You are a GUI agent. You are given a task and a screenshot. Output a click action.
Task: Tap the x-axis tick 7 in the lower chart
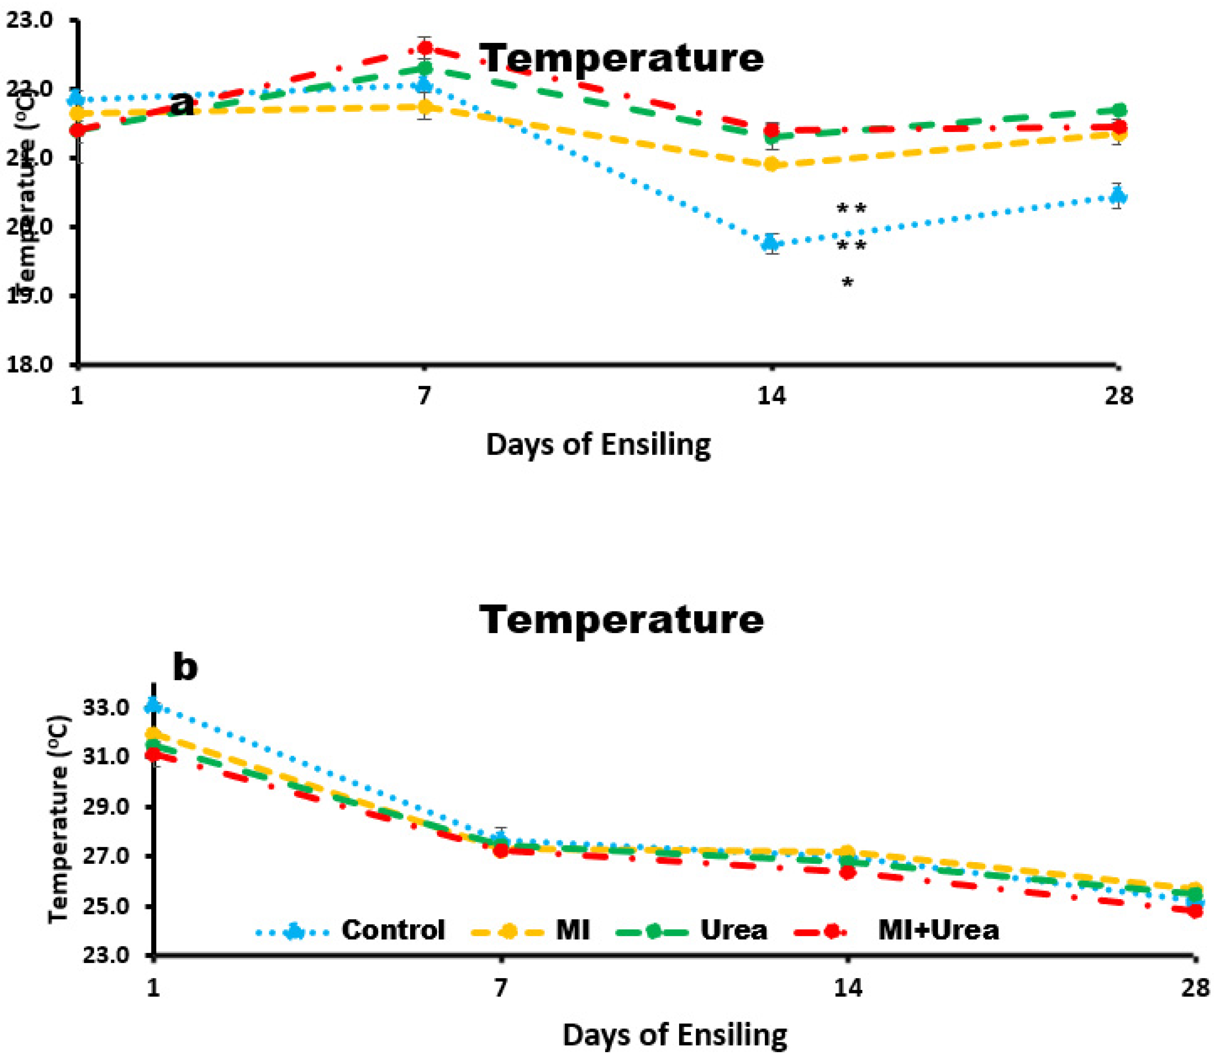coord(501,988)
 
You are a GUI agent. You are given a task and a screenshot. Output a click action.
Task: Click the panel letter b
coord(185,667)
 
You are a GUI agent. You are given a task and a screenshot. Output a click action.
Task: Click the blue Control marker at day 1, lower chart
coord(154,705)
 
